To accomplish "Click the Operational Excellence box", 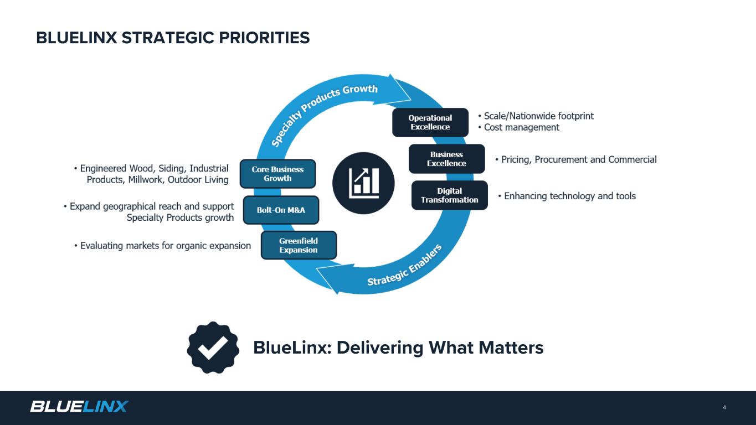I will click(x=430, y=122).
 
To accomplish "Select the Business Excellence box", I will click(x=446, y=159).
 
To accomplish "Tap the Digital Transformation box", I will click(x=449, y=195).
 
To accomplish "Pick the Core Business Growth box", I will click(x=277, y=174).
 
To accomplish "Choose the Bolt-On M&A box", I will click(x=281, y=210).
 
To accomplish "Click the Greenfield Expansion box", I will click(x=299, y=245).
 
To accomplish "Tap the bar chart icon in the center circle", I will click(x=363, y=183).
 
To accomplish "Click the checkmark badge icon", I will click(x=213, y=348).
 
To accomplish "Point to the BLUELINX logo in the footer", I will click(x=79, y=406).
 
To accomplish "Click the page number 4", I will click(x=724, y=408).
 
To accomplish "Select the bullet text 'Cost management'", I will click(x=521, y=127).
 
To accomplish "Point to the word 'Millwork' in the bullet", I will click(x=146, y=180).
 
